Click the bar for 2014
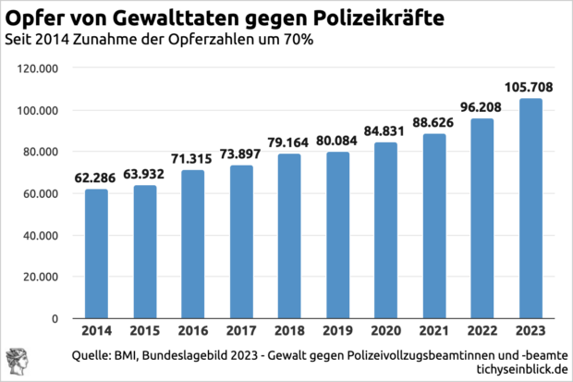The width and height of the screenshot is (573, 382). click(96, 253)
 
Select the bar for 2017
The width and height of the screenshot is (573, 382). click(241, 241)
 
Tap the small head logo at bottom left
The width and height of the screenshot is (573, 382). click(16, 362)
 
